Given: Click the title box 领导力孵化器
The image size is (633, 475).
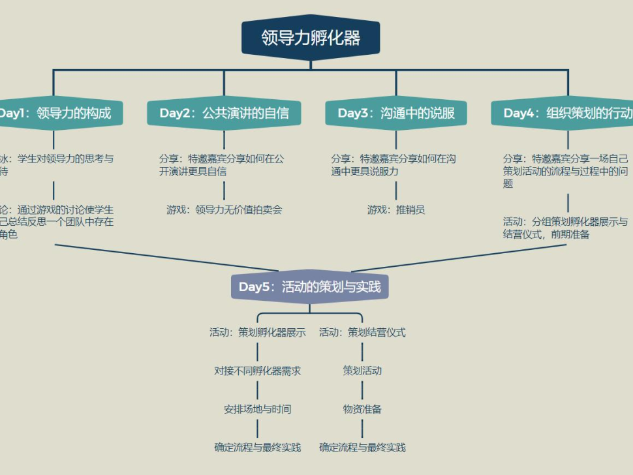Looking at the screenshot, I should coord(311,38).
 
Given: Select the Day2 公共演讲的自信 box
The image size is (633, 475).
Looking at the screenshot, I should coord(224,114).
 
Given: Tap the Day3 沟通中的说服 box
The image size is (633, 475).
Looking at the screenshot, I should coord(396,114).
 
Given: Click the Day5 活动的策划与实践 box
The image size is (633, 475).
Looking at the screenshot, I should coord(310,287).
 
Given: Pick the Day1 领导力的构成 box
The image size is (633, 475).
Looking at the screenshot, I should coord(55,114).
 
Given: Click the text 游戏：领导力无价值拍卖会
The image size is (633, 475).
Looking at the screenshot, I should coord(224,210).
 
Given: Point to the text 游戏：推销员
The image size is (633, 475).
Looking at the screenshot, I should coord(396,210).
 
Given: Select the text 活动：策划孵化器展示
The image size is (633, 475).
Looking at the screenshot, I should coord(257,333).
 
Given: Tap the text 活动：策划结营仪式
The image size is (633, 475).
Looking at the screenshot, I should coord(362,333).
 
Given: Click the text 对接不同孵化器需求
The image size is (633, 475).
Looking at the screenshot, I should coord(257,371).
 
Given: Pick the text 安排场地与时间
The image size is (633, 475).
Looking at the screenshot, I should coord(257,410).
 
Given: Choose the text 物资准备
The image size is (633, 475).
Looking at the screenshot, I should coord(362,410).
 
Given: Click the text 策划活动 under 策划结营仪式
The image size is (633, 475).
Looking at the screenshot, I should coord(362,371).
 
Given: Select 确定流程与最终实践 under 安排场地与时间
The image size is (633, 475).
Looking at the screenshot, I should coord(257,448).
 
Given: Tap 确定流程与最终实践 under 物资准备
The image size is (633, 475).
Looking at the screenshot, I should coord(362,448).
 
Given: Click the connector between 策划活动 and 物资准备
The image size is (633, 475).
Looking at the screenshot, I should coord(362,390).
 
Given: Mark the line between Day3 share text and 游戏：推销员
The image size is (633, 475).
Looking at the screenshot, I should coord(396,190).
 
